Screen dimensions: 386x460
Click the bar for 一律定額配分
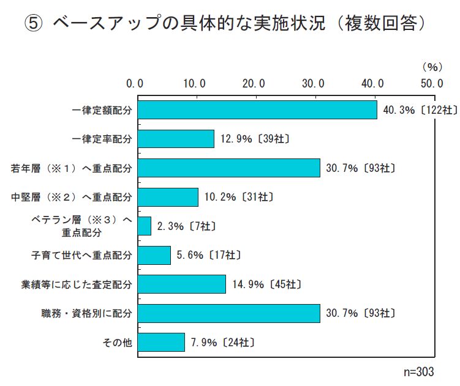(x=257, y=109)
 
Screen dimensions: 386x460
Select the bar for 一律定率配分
(x=176, y=139)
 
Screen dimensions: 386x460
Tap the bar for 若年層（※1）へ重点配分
(x=228, y=168)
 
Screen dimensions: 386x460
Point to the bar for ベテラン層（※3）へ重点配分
(x=145, y=226)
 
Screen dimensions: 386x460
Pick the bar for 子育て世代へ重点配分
(x=154, y=255)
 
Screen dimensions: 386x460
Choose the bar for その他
(x=161, y=342)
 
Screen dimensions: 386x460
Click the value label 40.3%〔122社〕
(x=419, y=110)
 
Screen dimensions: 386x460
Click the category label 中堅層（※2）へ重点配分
(x=72, y=197)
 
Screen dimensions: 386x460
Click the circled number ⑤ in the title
(x=33, y=24)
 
